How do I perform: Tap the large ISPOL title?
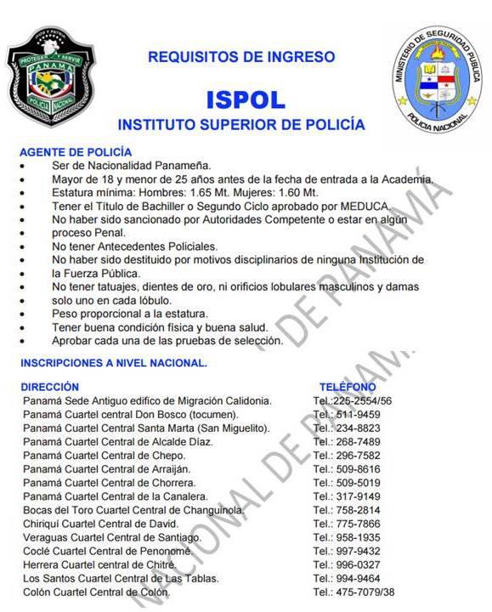(x=245, y=99)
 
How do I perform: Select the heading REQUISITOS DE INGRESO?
(x=241, y=57)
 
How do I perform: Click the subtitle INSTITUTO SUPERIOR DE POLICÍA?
(x=241, y=124)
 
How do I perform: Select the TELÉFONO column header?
(x=347, y=387)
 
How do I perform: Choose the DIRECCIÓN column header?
(x=50, y=387)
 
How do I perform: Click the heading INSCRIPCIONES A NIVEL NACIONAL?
(x=114, y=363)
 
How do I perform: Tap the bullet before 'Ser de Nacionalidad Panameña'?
(x=23, y=166)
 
